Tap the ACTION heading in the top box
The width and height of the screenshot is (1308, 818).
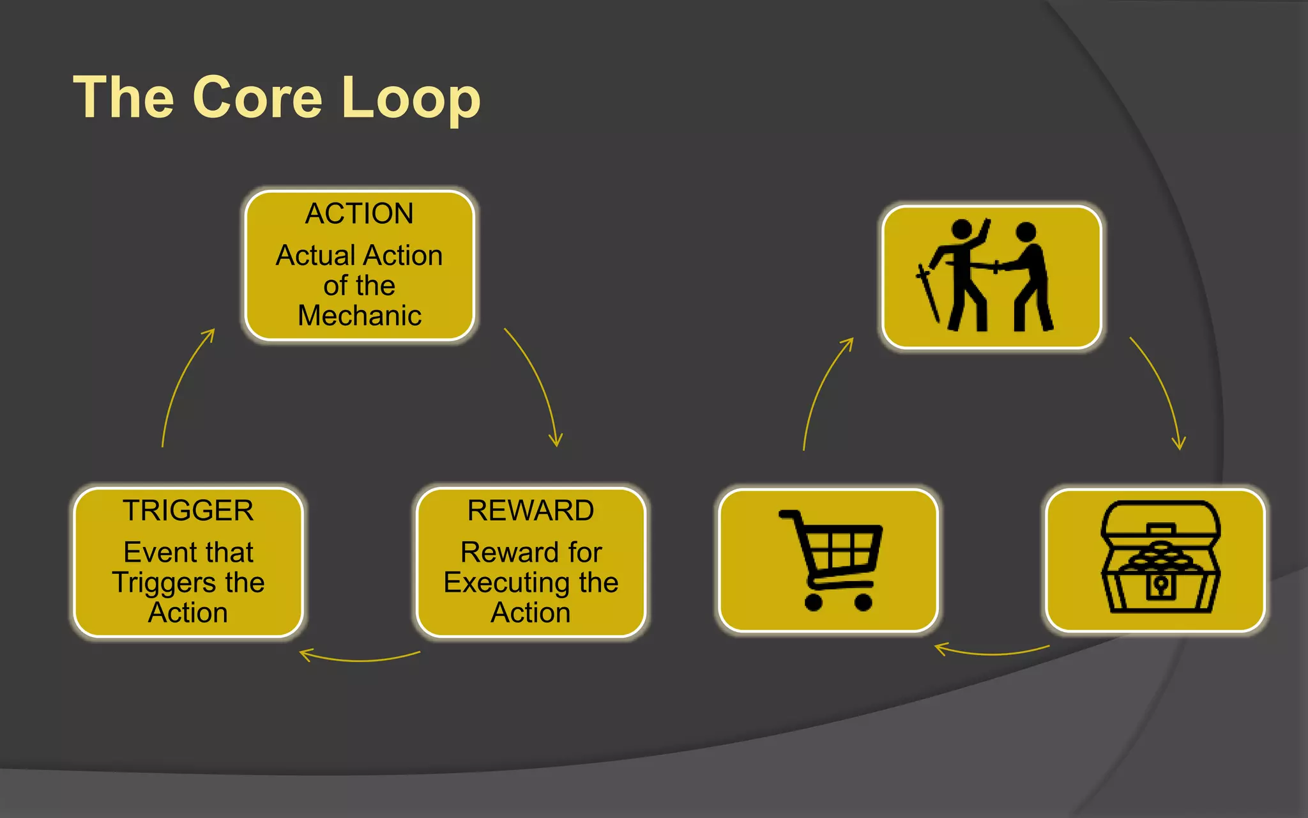click(x=360, y=213)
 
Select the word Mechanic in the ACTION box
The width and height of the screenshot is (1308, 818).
click(x=360, y=316)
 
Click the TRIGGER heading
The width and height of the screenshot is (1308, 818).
click(x=188, y=511)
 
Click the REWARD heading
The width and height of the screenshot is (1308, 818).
click(x=531, y=511)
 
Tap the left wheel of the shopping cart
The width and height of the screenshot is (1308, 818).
click(x=813, y=602)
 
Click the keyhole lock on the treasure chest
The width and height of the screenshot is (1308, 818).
click(x=1160, y=585)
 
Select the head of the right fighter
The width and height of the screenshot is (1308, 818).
click(x=1026, y=232)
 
